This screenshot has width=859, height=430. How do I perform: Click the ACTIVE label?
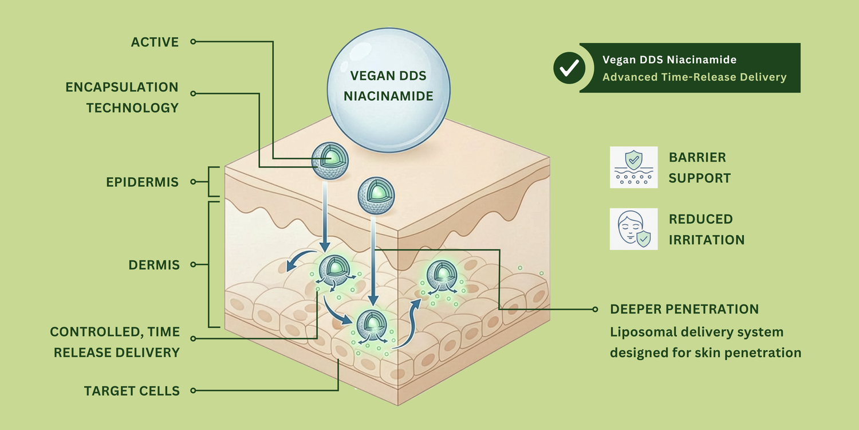click(x=155, y=42)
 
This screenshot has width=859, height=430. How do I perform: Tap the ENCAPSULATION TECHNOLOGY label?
click(x=122, y=97)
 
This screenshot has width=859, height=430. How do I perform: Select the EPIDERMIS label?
click(x=143, y=182)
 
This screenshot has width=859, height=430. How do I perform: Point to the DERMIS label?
click(x=154, y=265)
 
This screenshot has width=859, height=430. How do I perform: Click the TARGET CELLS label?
click(x=132, y=391)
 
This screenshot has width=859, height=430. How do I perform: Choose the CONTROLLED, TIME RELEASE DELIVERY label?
click(x=115, y=342)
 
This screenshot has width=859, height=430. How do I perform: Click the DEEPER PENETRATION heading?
click(x=684, y=310)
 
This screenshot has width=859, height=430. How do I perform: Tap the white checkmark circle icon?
click(x=569, y=68)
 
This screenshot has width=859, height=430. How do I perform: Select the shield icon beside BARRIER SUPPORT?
click(x=634, y=167)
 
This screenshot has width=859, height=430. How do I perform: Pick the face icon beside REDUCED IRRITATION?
click(x=634, y=229)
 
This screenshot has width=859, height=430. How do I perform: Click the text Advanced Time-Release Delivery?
click(x=694, y=77)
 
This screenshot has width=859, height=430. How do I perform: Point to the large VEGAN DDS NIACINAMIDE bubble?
click(x=388, y=86)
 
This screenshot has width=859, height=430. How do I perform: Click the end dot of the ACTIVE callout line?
click(x=193, y=42)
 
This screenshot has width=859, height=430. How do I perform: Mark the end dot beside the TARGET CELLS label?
click(x=193, y=390)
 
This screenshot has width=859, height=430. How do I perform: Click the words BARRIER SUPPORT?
click(x=700, y=167)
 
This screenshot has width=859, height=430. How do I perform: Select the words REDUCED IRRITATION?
click(x=707, y=229)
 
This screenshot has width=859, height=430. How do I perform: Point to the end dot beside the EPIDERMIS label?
click(x=193, y=182)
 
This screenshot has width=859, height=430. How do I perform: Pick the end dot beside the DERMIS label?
click(x=193, y=265)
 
